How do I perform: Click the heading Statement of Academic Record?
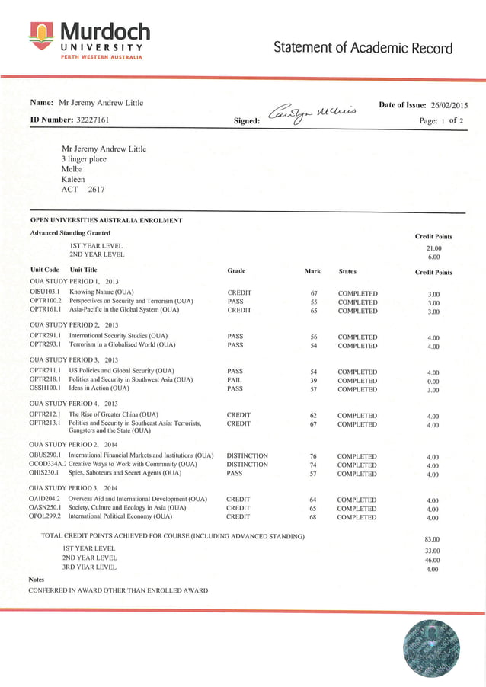[x=363, y=48]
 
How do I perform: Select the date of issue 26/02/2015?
[x=449, y=105]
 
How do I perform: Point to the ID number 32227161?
[x=93, y=120]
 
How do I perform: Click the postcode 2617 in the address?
[x=97, y=190]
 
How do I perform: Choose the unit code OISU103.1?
[x=45, y=292]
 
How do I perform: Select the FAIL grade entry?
[x=235, y=381]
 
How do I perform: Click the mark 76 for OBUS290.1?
[x=313, y=456]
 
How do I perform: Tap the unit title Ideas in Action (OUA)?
[x=99, y=389]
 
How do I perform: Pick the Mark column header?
[x=312, y=271]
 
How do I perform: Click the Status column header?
[x=347, y=271]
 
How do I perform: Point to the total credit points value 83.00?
[x=433, y=539]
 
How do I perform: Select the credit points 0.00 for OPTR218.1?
[x=433, y=382]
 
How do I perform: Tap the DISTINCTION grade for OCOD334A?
[x=247, y=465]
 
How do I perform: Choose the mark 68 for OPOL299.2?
[x=313, y=518]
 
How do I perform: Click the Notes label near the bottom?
[x=37, y=580]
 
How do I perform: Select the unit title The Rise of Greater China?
[x=114, y=415]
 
